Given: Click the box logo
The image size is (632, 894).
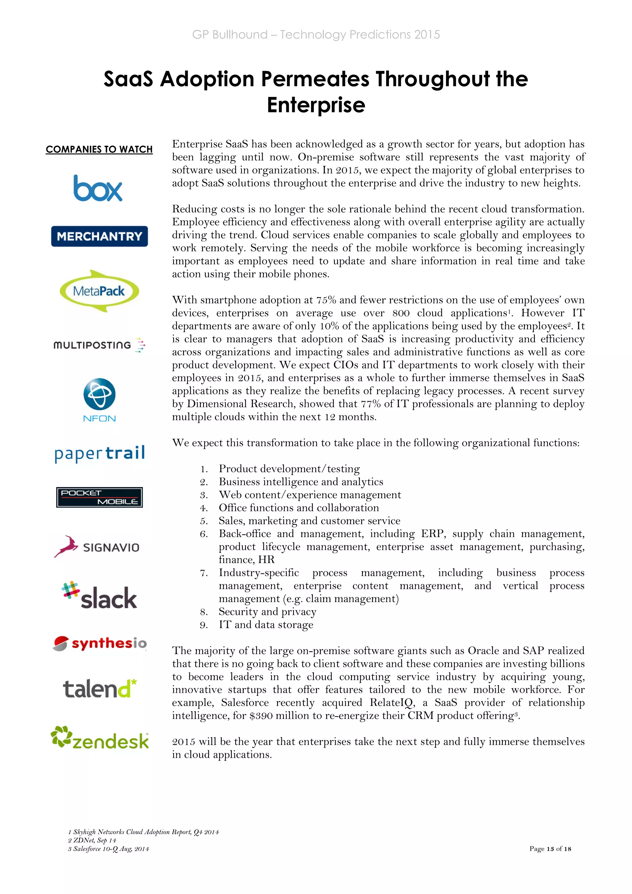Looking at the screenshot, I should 98,188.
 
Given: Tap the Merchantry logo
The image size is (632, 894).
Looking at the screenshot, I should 100,236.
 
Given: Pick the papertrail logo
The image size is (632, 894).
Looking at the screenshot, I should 100,453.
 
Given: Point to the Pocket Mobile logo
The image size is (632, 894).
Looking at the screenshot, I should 99,497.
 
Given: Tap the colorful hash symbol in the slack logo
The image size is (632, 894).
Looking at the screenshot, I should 70,590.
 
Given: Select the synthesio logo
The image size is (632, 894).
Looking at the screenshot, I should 100,643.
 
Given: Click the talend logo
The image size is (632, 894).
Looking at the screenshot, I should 100,688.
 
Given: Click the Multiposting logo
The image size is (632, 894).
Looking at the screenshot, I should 99,345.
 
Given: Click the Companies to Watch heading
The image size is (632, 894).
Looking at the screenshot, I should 99,149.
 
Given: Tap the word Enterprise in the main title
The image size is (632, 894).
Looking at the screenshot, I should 316,105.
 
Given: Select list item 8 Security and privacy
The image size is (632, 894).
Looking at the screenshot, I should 267,612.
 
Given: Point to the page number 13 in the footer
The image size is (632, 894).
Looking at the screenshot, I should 550,849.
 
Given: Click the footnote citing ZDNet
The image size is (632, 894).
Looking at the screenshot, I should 92,840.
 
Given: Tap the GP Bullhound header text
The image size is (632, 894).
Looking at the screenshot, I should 316,35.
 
